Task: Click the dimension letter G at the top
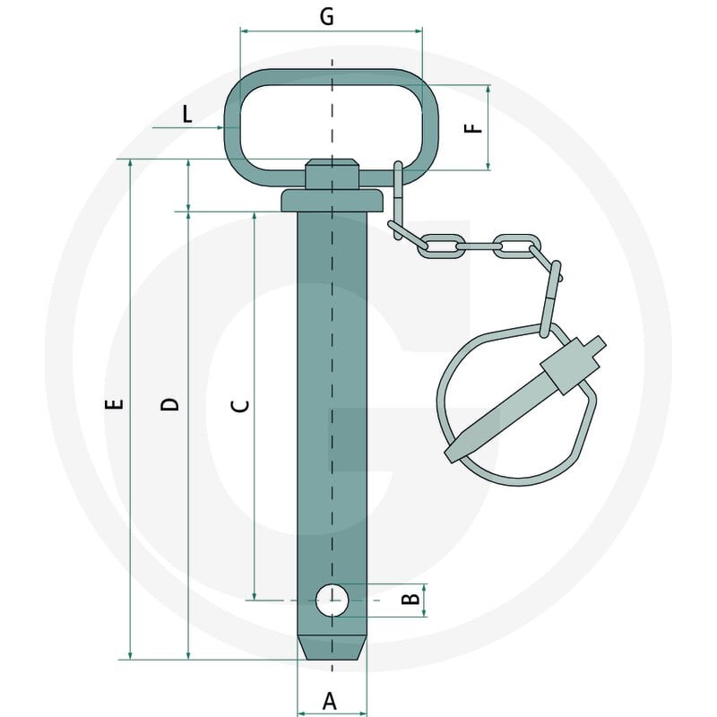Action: [x=326, y=16]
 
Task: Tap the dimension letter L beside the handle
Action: [x=187, y=114]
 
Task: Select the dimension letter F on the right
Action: [x=474, y=128]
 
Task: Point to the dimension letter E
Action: [x=115, y=404]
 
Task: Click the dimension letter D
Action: [x=169, y=404]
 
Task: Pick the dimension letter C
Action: [x=240, y=406]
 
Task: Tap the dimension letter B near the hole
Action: [x=410, y=599]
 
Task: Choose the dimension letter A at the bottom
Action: [x=329, y=701]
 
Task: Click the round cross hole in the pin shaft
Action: [x=332, y=600]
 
